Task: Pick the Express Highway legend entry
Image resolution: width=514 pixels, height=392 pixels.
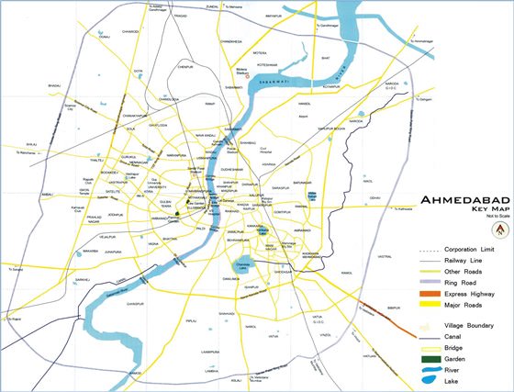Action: tap(470, 294)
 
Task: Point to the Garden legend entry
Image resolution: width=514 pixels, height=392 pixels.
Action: tap(456, 359)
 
